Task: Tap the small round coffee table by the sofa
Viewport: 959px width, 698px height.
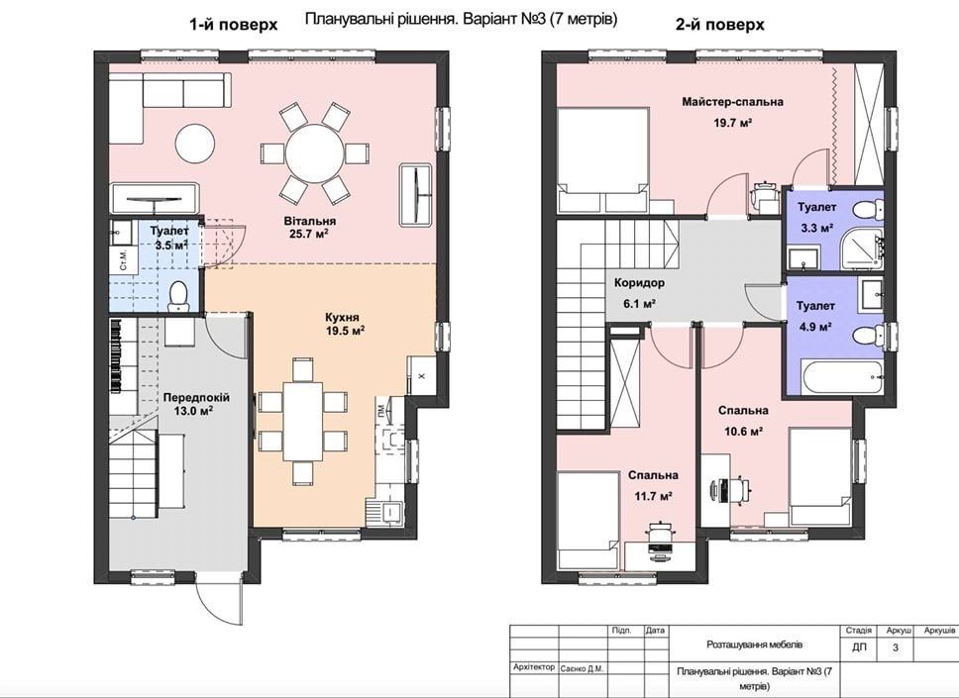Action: point(195,143)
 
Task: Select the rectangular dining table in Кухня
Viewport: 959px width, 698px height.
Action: point(303,423)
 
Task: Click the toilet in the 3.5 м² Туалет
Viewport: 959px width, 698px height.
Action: point(178,296)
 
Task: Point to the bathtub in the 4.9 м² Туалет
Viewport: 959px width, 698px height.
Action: point(841,378)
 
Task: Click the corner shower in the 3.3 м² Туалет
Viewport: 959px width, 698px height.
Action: point(862,249)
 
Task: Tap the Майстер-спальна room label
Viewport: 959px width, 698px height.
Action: point(732,102)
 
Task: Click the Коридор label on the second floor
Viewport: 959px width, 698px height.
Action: point(639,283)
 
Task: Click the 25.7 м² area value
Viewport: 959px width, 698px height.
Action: point(311,234)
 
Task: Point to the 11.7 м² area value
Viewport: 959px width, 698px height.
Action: point(654,496)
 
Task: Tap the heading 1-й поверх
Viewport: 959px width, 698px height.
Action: point(233,25)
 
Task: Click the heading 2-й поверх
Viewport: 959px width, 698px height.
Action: point(719,25)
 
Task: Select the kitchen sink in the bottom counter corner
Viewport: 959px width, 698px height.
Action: point(384,512)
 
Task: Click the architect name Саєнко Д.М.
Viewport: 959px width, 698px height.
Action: point(582,668)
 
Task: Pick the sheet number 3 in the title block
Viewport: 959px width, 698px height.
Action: point(896,648)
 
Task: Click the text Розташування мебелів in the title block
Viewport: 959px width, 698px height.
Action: point(754,645)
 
